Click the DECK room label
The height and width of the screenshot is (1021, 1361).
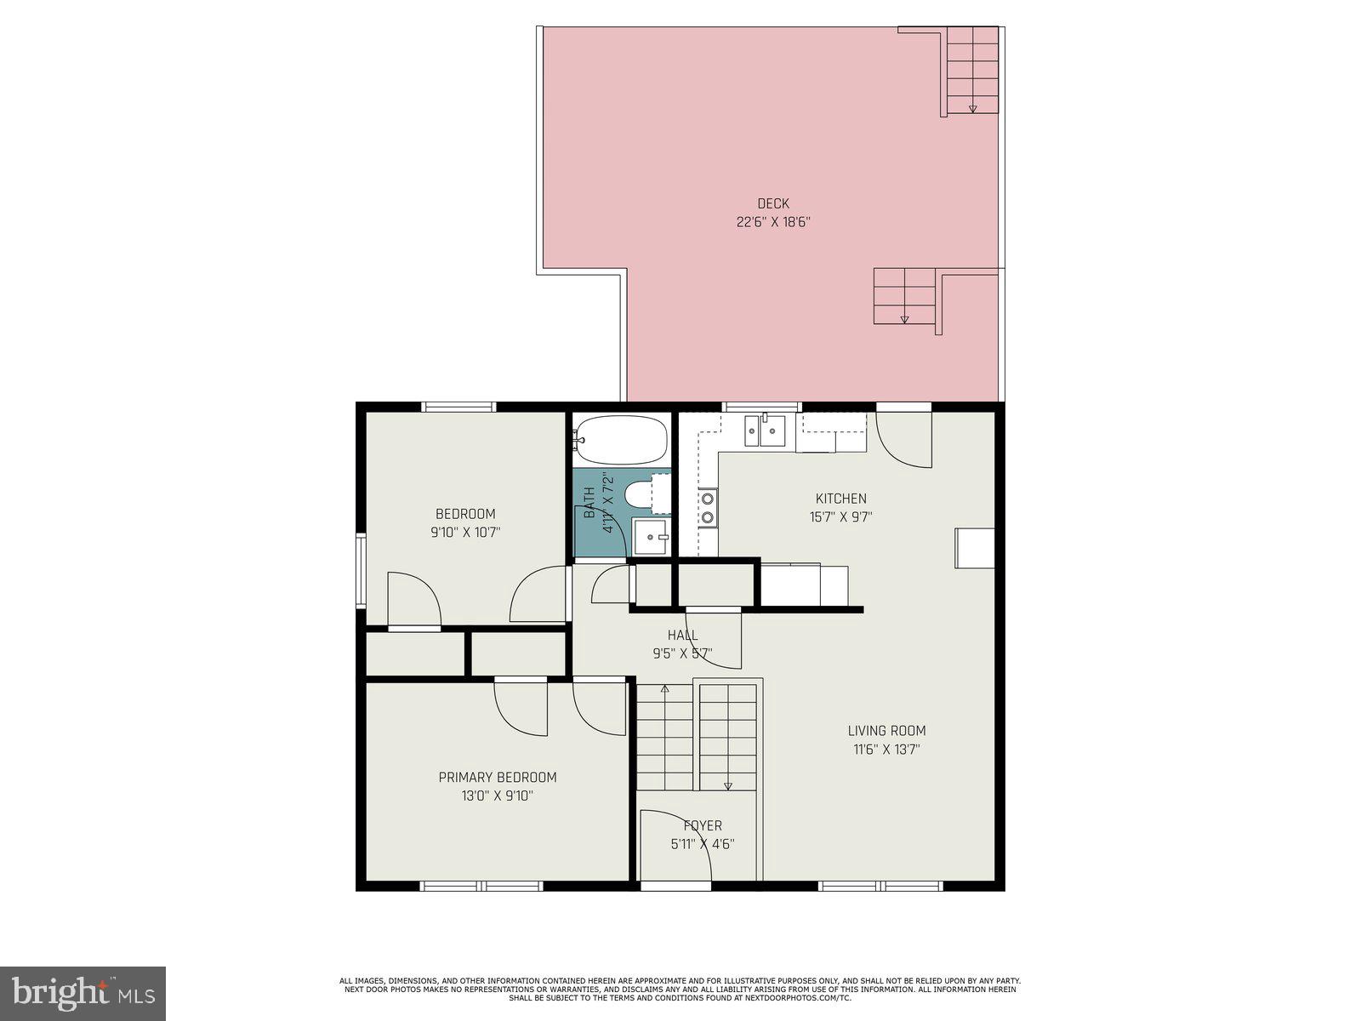[773, 203]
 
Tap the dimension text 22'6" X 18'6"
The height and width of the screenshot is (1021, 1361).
[773, 222]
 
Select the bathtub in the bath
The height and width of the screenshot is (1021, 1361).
[620, 439]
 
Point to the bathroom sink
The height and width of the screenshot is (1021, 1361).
[651, 537]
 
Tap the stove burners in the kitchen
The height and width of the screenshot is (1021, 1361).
[708, 508]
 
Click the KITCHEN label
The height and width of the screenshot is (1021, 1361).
[840, 499]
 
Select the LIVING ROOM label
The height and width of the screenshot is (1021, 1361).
[886, 731]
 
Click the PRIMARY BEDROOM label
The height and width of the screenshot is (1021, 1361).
[498, 778]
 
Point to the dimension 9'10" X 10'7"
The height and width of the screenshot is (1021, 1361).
[464, 533]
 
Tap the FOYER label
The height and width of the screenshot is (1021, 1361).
[703, 826]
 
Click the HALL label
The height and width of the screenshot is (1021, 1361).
[682, 636]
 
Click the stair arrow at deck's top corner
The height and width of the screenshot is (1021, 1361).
[972, 108]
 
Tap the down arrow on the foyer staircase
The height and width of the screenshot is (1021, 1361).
[728, 786]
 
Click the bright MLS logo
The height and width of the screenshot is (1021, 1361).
[83, 993]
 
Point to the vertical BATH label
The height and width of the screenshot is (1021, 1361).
[589, 502]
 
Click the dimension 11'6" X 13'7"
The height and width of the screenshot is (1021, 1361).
[886, 750]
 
